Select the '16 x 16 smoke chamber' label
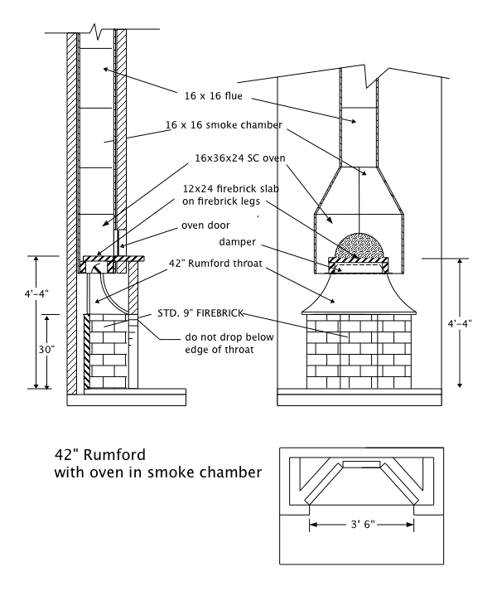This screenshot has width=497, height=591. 224,124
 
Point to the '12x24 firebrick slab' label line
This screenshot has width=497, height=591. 237,189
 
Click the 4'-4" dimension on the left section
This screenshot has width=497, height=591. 18,293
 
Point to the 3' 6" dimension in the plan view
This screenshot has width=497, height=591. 362,524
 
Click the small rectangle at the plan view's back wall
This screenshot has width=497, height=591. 361,462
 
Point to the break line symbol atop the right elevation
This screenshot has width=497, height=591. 370,78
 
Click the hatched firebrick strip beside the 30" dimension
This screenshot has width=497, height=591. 88,351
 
